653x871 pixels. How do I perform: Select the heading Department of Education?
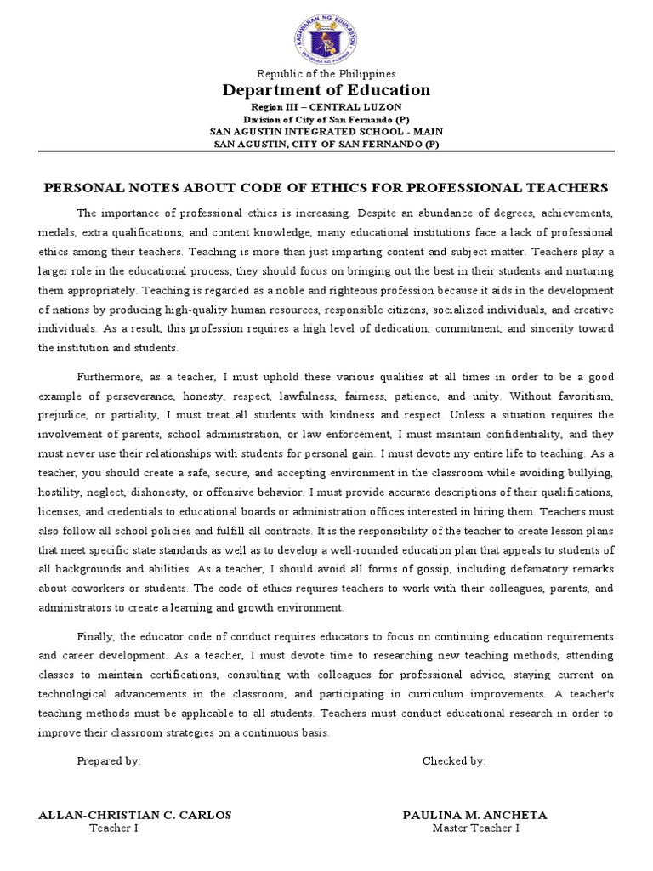pos(326,90)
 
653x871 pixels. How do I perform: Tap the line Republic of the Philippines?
pos(326,74)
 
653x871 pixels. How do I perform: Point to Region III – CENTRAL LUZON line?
pos(326,107)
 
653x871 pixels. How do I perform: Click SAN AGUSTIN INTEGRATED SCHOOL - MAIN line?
pos(326,131)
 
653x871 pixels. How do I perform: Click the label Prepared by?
pos(109,761)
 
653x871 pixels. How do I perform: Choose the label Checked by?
pos(454,761)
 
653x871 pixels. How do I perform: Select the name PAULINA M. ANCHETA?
pos(474,815)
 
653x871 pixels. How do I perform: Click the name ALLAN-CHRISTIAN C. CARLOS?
pos(135,815)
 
